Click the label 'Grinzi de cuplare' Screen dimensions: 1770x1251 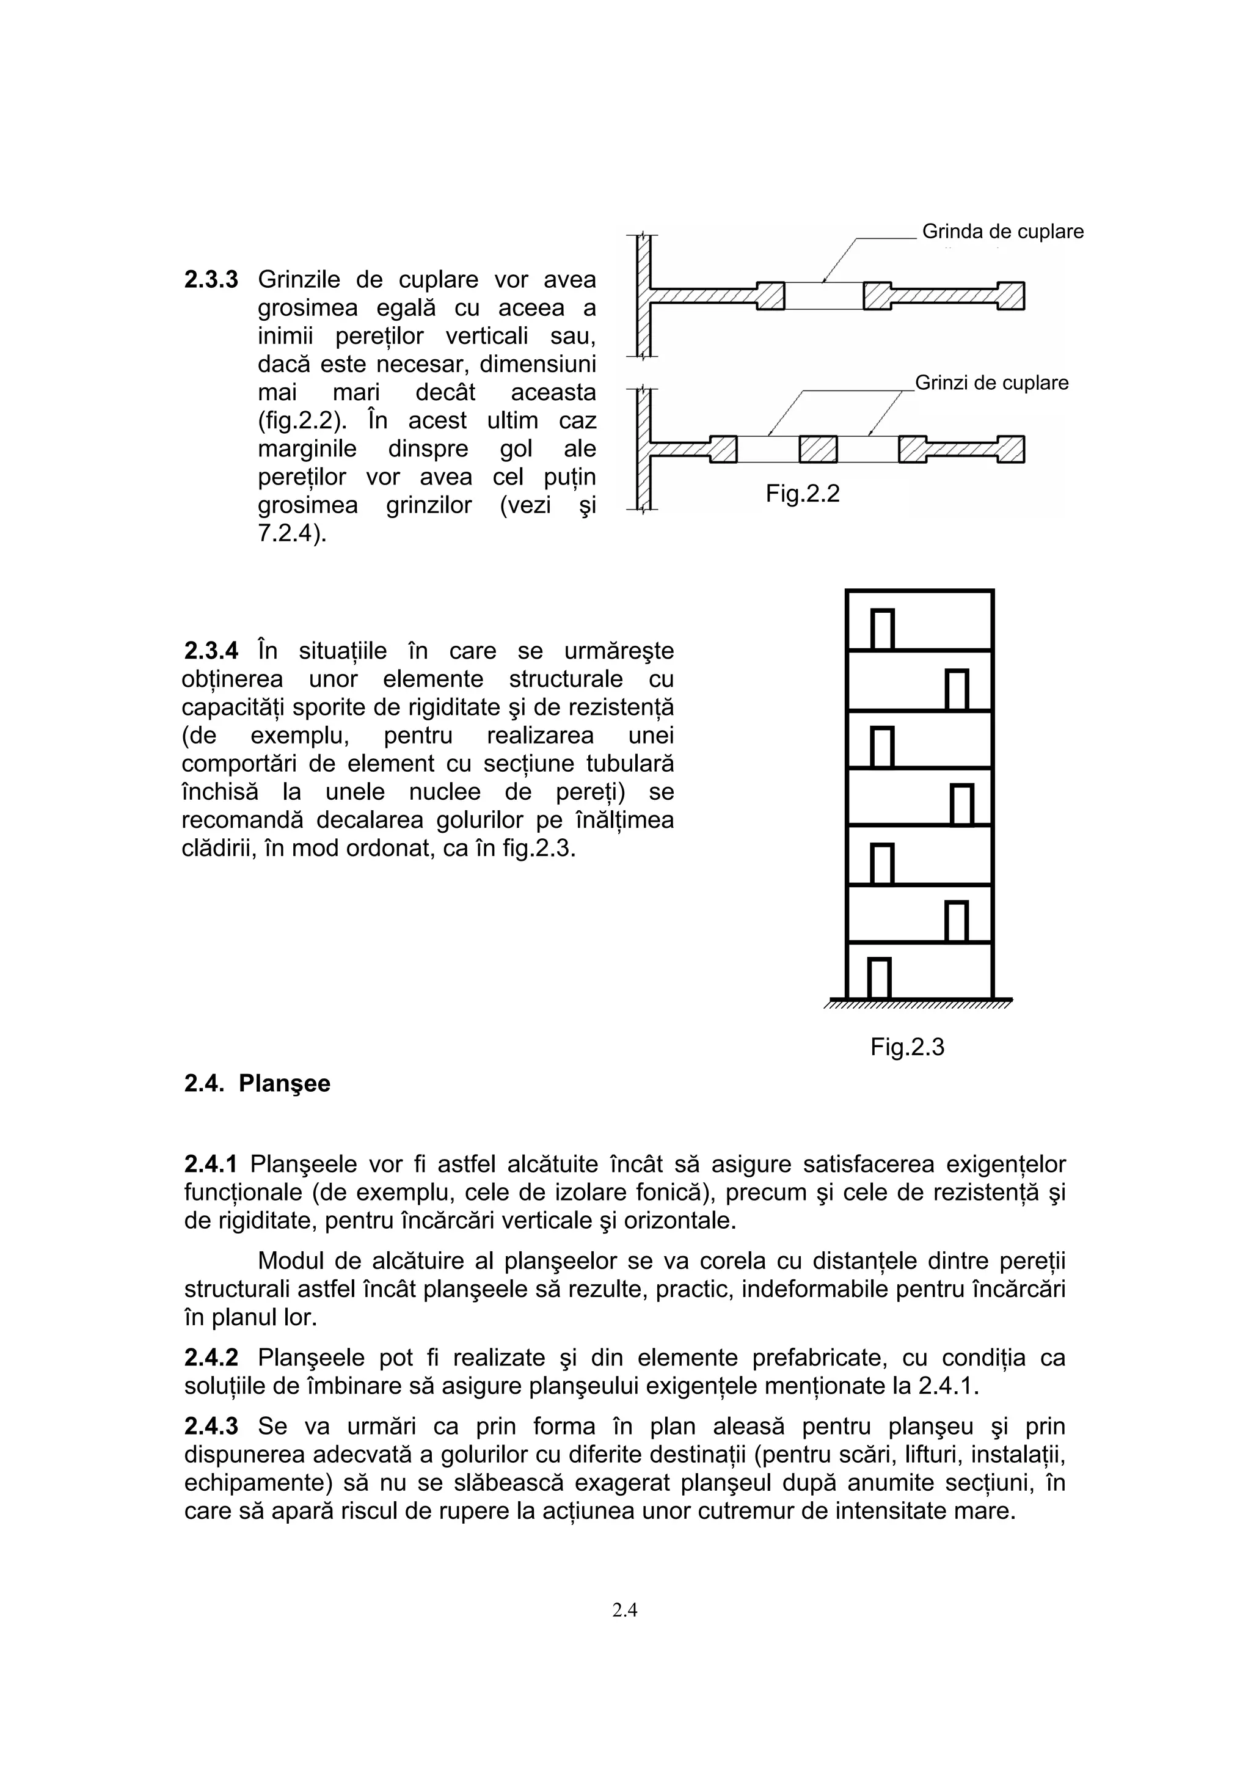(x=991, y=383)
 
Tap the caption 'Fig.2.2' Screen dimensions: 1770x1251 (x=803, y=494)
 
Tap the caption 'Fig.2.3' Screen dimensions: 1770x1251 (x=907, y=1047)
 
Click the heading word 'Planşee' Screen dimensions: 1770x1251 (x=285, y=1083)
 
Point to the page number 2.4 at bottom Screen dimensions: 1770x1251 (x=624, y=1610)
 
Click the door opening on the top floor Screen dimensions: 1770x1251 (x=883, y=630)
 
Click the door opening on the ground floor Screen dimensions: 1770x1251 (x=880, y=978)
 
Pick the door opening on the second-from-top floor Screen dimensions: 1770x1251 (x=957, y=690)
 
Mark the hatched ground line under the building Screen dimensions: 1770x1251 (x=917, y=1003)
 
